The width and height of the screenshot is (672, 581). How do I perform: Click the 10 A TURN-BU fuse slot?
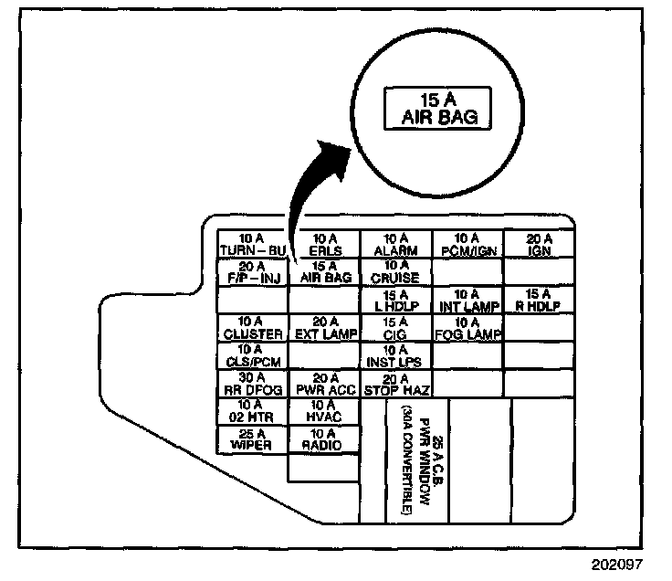pyautogui.click(x=252, y=244)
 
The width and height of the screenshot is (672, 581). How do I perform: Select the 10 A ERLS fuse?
pyautogui.click(x=324, y=244)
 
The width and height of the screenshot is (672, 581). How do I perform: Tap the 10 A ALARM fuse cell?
pyautogui.click(x=395, y=244)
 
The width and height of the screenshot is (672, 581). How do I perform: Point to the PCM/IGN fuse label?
pyautogui.click(x=467, y=249)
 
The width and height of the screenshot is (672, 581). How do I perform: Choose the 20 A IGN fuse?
pyautogui.click(x=540, y=244)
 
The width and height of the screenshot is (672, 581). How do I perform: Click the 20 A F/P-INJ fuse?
pyautogui.click(x=252, y=271)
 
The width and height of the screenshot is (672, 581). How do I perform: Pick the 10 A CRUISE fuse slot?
pyautogui.click(x=395, y=271)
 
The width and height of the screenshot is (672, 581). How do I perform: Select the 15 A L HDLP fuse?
pyautogui.click(x=395, y=299)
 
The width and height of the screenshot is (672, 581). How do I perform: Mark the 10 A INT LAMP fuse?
pyautogui.click(x=467, y=299)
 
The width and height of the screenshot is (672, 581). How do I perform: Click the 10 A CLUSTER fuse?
pyautogui.click(x=252, y=327)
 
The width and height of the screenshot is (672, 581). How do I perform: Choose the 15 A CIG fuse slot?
pyautogui.click(x=395, y=327)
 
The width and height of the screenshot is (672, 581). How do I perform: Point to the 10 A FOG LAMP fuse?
pyautogui.click(x=467, y=327)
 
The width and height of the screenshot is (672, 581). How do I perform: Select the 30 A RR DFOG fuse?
pyautogui.click(x=252, y=383)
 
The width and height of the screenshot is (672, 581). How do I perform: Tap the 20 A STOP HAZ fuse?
pyautogui.click(x=395, y=383)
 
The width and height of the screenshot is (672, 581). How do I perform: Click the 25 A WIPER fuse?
pyautogui.click(x=252, y=438)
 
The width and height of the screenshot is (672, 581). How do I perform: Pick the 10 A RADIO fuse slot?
pyautogui.click(x=324, y=438)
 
